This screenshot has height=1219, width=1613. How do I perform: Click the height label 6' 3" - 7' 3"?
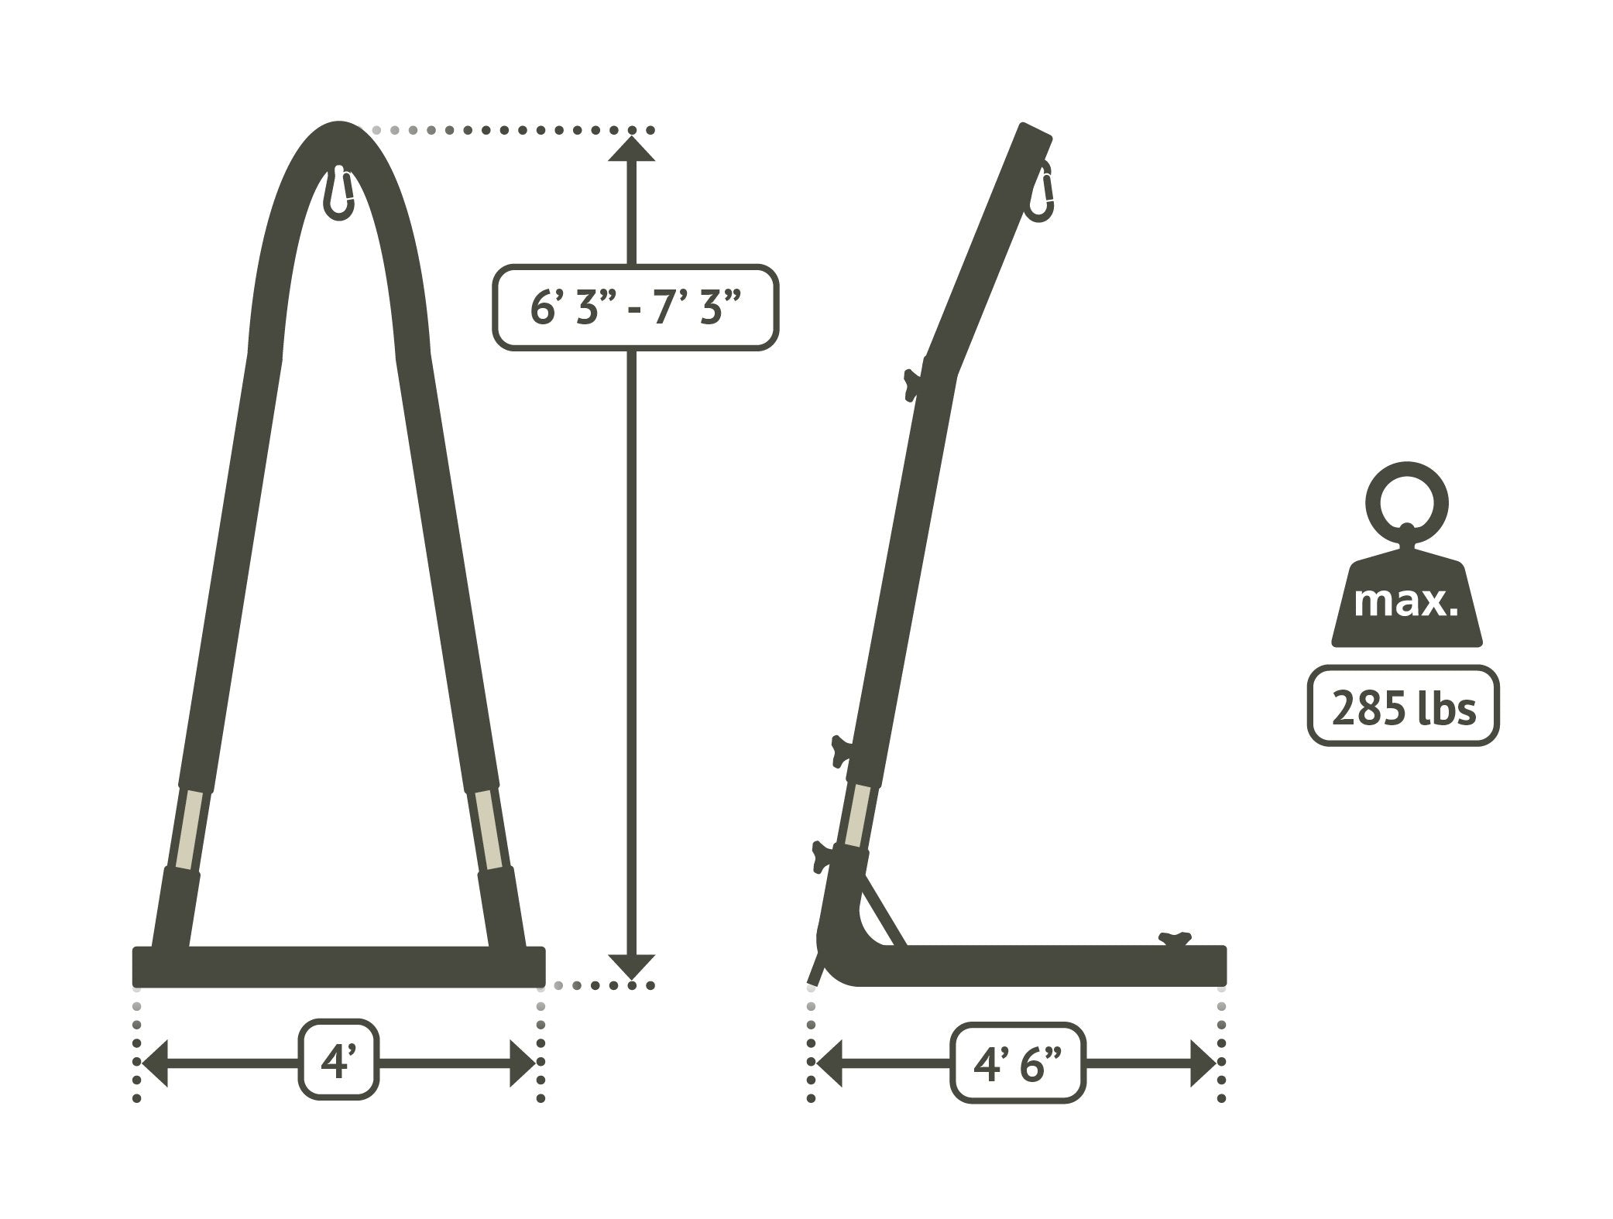(635, 307)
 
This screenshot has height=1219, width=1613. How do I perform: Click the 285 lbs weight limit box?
(1402, 706)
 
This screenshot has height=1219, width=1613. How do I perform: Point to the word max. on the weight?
(1405, 601)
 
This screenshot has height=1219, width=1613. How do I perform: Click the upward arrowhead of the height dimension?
(631, 148)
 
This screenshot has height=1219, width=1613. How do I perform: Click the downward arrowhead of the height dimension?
(631, 966)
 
